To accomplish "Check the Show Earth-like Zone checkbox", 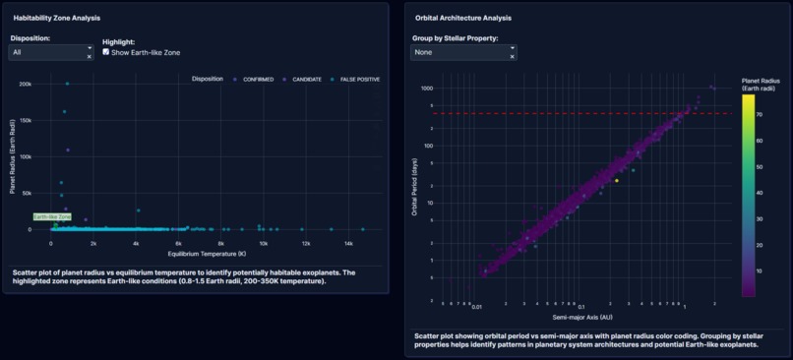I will tap(106, 52).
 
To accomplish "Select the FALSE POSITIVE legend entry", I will tap(354, 80).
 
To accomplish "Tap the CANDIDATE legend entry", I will tap(299, 80).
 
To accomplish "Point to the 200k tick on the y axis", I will tap(24, 84).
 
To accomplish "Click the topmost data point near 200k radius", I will tap(67, 84).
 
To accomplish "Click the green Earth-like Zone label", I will tap(52, 216).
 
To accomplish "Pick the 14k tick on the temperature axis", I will tap(348, 242).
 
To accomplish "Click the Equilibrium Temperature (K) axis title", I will tap(207, 254).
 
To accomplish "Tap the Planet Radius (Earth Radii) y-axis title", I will tap(13, 157).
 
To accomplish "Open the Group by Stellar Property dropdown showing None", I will tap(462, 52).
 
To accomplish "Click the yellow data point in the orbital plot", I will tap(617, 181).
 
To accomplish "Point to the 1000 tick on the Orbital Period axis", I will tap(427, 89).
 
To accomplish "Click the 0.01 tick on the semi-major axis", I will tap(476, 306).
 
